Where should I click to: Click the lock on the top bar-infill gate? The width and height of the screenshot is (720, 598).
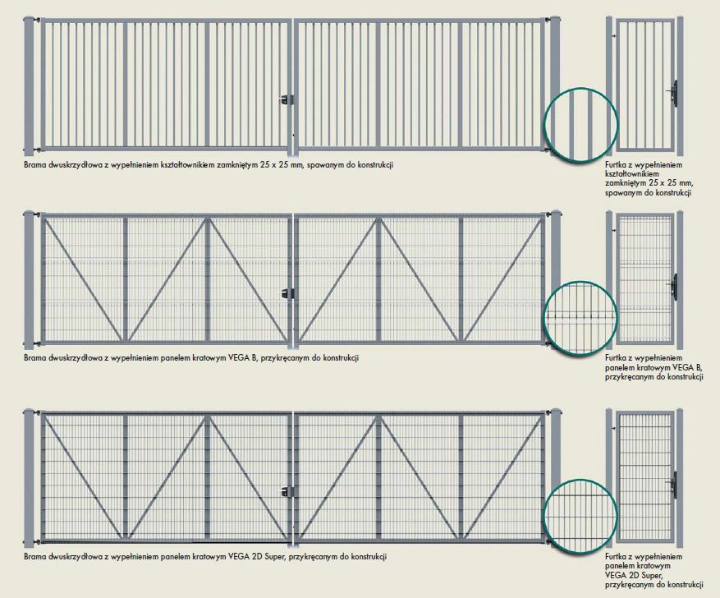click(x=287, y=99)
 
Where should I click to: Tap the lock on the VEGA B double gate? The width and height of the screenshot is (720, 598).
click(x=288, y=292)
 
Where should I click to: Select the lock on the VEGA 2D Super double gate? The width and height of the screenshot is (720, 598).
click(x=287, y=491)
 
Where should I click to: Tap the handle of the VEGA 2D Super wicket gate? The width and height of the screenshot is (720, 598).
click(x=674, y=485)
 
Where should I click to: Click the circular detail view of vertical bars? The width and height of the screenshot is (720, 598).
click(x=580, y=124)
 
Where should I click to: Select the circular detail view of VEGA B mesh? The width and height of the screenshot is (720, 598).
click(x=580, y=317)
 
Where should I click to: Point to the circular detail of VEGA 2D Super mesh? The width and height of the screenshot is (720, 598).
click(x=580, y=515)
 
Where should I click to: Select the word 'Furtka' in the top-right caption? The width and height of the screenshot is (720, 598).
click(x=614, y=164)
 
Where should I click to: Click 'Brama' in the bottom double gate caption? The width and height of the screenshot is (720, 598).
click(x=33, y=557)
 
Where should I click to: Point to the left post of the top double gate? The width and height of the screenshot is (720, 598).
click(x=29, y=86)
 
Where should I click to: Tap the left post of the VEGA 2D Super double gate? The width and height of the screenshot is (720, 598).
click(x=29, y=478)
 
